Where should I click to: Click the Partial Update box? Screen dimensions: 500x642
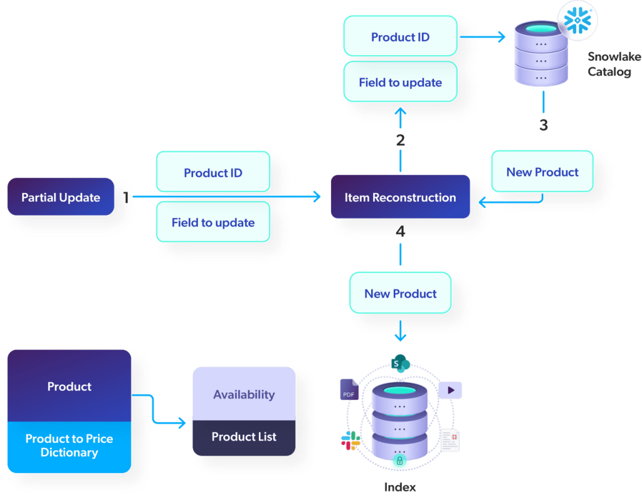pos(61,197)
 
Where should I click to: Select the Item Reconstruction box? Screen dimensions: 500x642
pos(400,197)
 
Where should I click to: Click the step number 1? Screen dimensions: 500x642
pos(126,197)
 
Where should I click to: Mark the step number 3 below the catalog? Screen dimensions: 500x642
pos(543,125)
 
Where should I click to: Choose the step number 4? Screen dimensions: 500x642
pos(401,232)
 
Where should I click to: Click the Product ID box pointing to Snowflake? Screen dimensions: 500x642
pos(400,37)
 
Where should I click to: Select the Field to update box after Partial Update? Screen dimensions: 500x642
pos(213,222)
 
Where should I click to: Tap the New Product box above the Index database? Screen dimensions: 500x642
pos(400,293)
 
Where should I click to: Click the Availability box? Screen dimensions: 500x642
pos(243,394)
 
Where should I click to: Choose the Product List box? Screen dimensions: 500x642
pos(243,437)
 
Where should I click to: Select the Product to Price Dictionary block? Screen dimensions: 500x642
pos(69,445)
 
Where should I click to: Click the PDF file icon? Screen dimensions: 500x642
pos(349,390)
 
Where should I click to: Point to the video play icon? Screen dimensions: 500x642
pos(450,390)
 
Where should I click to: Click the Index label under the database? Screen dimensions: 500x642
pos(400,487)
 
